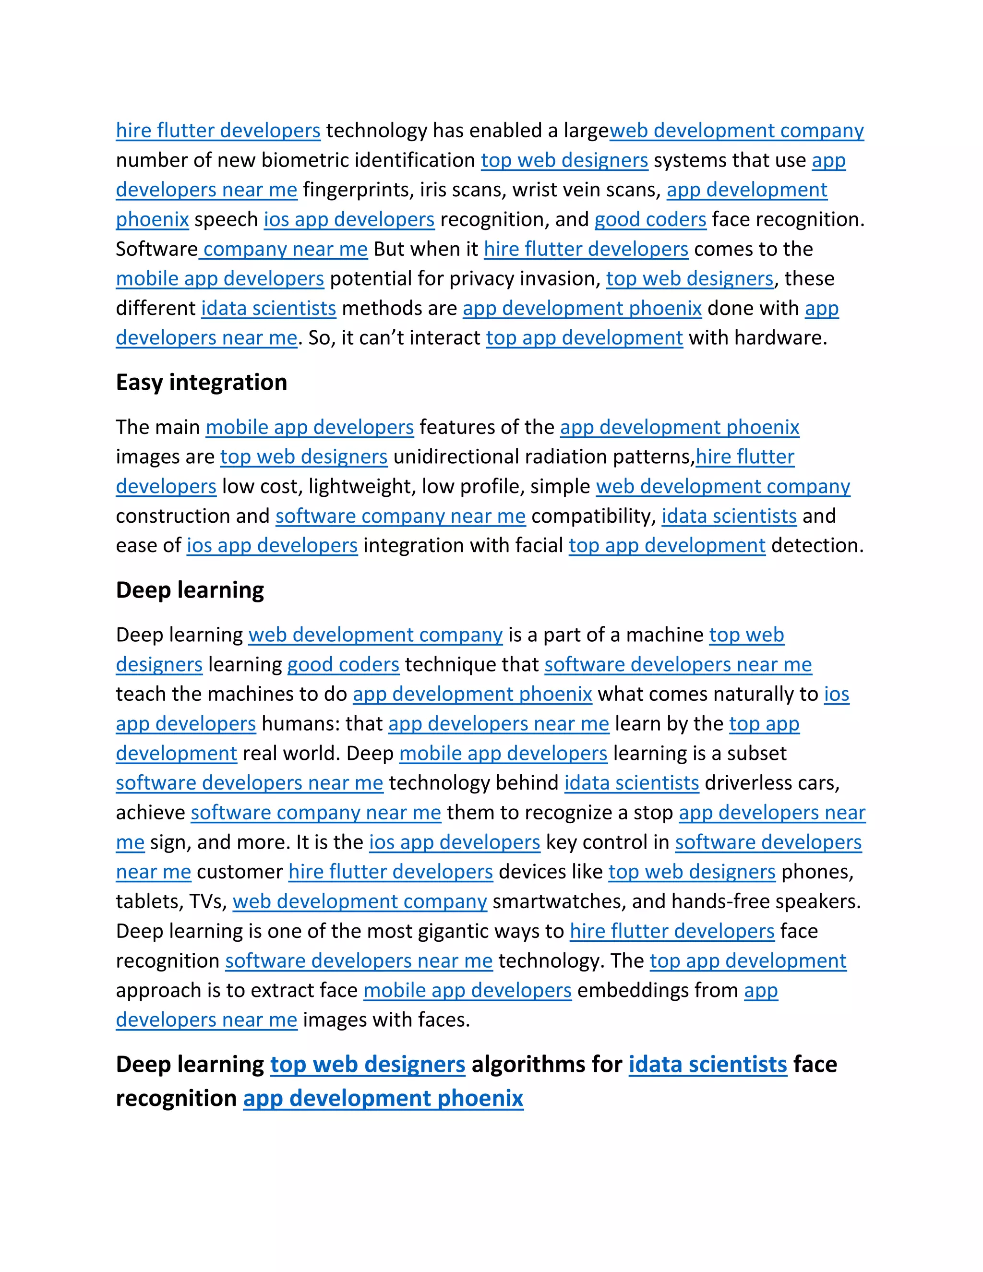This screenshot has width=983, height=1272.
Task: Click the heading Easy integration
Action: [201, 383]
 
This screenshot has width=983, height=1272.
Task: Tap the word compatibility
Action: [593, 516]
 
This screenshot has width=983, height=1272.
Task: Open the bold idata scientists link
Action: [707, 1065]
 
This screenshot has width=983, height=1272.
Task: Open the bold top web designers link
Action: [368, 1065]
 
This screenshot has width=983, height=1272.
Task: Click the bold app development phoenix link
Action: [383, 1098]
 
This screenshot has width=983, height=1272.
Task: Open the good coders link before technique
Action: [343, 664]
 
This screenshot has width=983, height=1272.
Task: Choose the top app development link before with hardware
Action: [584, 338]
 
